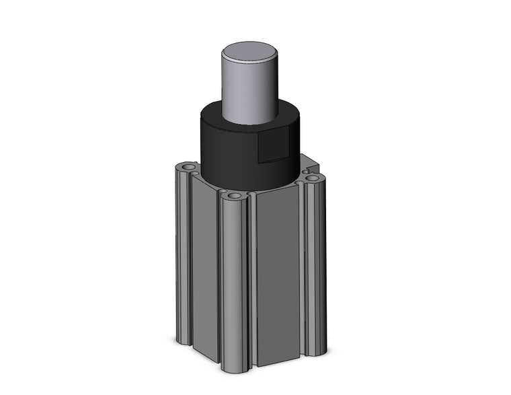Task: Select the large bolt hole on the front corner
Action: pyautogui.click(x=234, y=196)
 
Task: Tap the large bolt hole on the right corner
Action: pyautogui.click(x=313, y=178)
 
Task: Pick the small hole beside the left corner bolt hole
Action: pyautogui.click(x=195, y=173)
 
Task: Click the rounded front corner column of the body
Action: pyautogui.click(x=233, y=283)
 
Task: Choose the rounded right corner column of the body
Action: pyautogui.click(x=315, y=262)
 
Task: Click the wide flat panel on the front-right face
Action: pyautogui.click(x=277, y=276)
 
